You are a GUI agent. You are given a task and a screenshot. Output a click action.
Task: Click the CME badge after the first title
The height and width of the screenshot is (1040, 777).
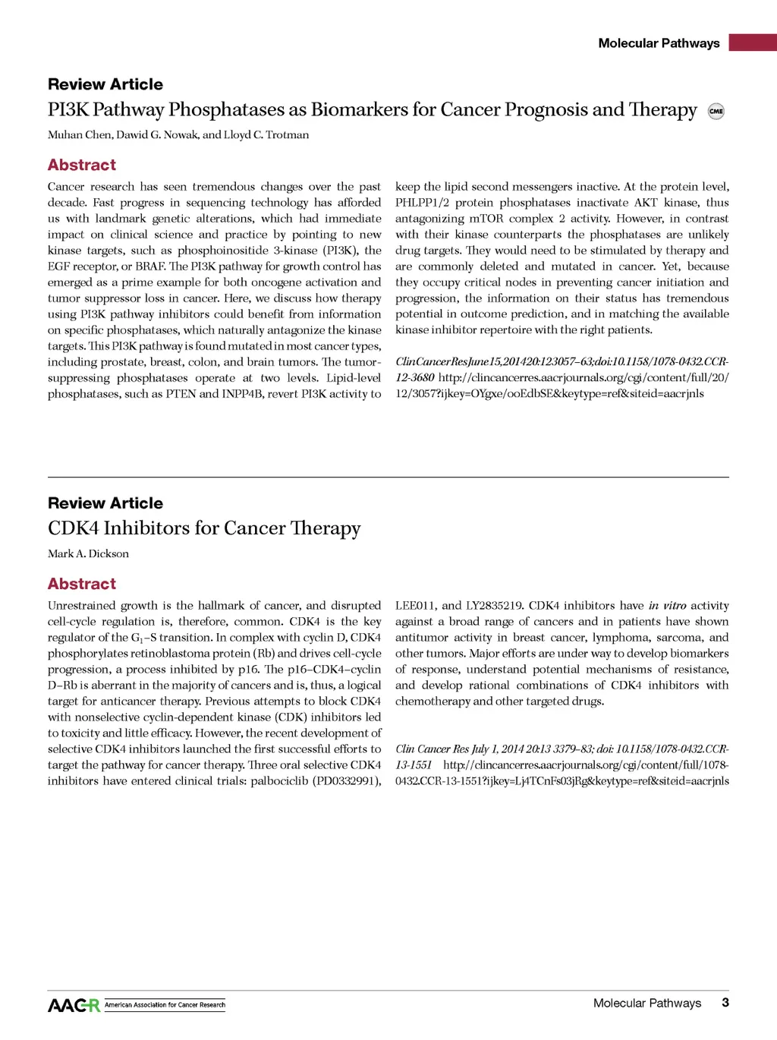[716, 111]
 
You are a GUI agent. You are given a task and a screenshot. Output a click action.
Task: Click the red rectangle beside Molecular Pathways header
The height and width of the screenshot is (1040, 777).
[752, 43]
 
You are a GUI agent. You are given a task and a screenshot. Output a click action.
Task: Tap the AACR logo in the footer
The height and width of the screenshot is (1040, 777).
[74, 1005]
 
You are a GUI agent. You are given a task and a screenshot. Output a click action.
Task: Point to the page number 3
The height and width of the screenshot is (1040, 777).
[725, 1003]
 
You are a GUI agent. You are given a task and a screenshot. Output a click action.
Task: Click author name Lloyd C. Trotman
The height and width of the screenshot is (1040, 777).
[266, 135]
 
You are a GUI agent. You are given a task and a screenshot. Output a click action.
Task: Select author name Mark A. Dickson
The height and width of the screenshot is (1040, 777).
[88, 553]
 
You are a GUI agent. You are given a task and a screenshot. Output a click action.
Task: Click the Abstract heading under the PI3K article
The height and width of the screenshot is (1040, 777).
[82, 165]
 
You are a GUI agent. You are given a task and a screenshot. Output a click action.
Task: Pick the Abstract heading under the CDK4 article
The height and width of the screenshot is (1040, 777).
[82, 584]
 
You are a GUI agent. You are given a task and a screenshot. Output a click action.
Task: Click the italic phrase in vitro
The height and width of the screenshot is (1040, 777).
[667, 606]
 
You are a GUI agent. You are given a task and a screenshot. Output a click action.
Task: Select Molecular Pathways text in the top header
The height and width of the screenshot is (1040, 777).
[659, 43]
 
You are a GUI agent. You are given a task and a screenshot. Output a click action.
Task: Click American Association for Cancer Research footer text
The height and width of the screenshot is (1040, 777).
[165, 1005]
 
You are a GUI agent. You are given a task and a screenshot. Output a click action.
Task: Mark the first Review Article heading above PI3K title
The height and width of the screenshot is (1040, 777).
[105, 84]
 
